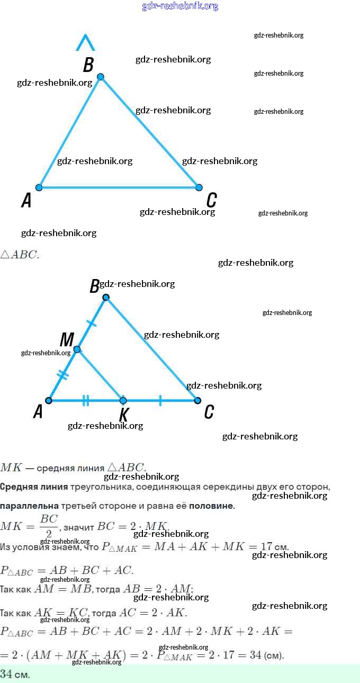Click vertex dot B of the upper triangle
click(101, 77)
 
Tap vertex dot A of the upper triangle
click(39, 187)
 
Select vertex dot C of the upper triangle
click(199, 187)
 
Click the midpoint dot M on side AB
click(77, 349)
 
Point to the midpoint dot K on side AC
click(123, 400)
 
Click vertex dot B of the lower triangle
click(106, 298)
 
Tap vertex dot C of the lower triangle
click(197, 400)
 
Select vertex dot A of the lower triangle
click(49, 400)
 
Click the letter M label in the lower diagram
click(67, 339)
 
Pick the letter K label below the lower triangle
click(124, 415)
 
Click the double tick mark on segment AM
click(63, 375)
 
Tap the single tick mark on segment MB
click(92, 323)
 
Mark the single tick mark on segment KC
click(160, 400)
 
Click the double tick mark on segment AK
click(86, 400)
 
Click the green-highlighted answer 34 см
click(15, 674)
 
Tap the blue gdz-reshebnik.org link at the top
click(180, 6)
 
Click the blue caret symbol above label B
click(85, 43)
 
